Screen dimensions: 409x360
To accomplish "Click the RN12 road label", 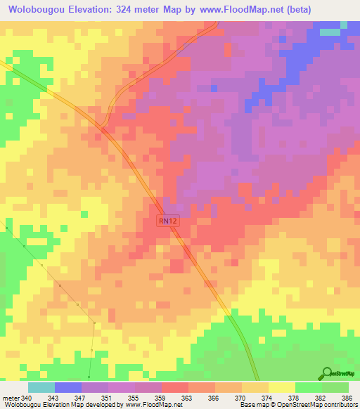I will (167, 221).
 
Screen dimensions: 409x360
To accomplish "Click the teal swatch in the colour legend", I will (41, 387).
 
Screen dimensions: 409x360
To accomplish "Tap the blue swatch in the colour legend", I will (67, 387).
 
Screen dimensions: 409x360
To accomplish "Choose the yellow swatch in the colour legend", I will (281, 387).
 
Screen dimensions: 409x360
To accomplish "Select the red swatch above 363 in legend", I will (174, 387).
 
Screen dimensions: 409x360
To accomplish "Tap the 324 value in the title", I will (130, 8).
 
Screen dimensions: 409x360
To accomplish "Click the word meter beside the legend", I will (11, 398).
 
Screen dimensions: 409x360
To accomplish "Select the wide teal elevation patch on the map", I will (330, 32).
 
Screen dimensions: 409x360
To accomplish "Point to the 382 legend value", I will (321, 398).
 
